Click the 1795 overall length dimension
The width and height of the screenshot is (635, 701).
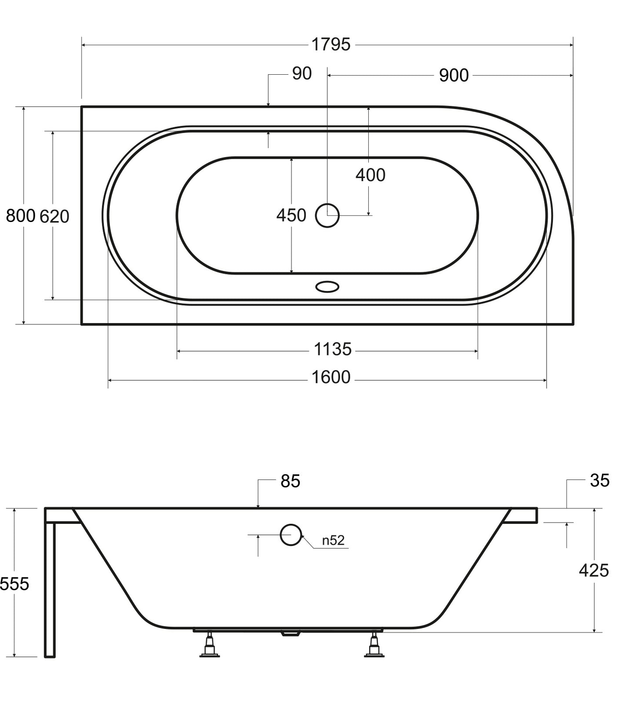(331, 44)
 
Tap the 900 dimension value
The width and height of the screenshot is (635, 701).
(454, 76)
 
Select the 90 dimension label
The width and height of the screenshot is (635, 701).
(302, 73)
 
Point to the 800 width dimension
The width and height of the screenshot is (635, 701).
(20, 216)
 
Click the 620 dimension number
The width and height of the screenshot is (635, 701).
(54, 216)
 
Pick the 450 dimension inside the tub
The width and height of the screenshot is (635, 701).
(291, 215)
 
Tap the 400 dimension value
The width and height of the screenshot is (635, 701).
(370, 175)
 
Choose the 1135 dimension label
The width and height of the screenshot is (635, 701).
(333, 349)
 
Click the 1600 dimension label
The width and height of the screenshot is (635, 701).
(331, 377)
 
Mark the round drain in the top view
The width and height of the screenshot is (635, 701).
(327, 215)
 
